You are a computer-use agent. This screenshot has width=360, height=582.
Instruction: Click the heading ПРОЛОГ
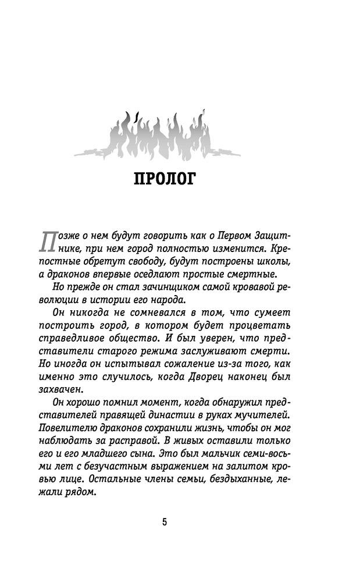[x=165, y=179]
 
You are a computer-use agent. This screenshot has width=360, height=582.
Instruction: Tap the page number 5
[x=165, y=521]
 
